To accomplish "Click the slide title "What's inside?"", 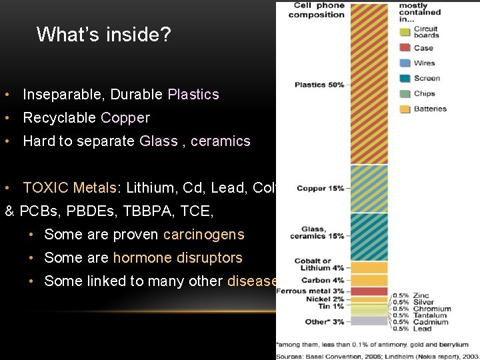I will point(103,35).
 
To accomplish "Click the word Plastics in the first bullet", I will point(193,95).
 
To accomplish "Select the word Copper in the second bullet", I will point(125,118).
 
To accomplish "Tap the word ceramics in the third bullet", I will point(220,141).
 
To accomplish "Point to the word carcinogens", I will point(203,235).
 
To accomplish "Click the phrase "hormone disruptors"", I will point(177,258).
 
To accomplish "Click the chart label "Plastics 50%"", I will point(319,85).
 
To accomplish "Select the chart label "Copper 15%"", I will point(321,189).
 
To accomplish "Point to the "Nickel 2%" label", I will point(323,299).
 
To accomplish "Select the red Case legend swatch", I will point(405,48).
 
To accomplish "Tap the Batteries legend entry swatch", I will point(405,109).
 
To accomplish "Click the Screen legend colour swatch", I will point(405,79).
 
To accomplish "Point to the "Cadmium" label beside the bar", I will point(431,322).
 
